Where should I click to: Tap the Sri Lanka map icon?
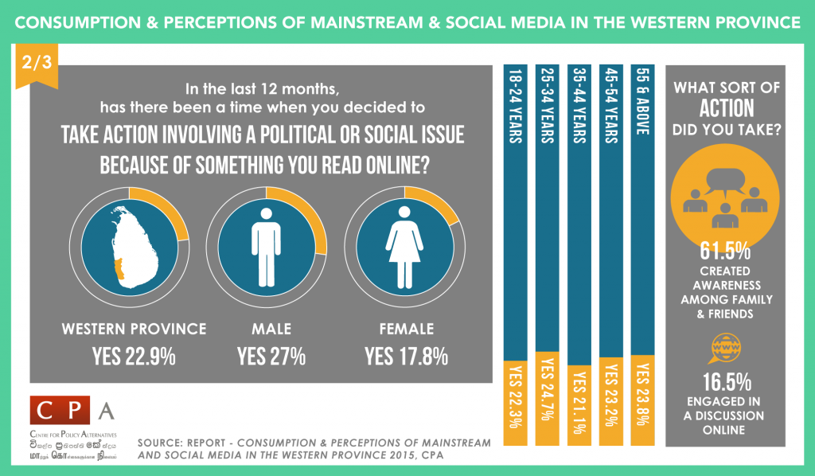127,244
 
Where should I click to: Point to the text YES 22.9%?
134,356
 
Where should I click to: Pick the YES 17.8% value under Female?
405,356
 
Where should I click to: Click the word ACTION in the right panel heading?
725,108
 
